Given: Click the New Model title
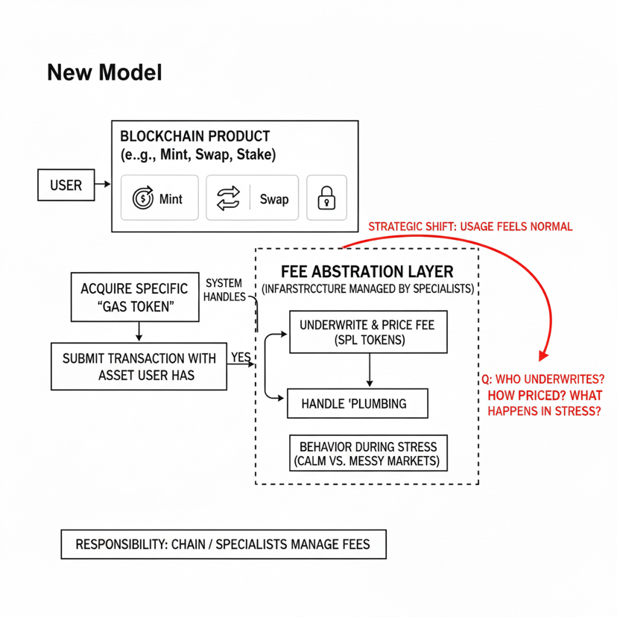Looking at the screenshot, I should [x=104, y=72].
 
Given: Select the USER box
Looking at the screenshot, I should [x=66, y=185].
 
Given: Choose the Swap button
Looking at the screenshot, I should [x=252, y=198].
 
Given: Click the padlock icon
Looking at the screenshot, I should [x=326, y=198].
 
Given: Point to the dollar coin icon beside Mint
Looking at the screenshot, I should [x=142, y=198].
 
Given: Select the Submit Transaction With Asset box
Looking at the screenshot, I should [x=139, y=366].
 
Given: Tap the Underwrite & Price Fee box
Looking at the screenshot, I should [x=368, y=332].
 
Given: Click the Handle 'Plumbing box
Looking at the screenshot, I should [x=358, y=403].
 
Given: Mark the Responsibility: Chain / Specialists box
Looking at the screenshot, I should [x=224, y=545].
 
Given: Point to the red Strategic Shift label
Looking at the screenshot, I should [x=471, y=227].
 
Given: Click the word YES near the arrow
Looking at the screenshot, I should [x=241, y=358].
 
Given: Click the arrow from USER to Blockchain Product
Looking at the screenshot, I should [x=103, y=184].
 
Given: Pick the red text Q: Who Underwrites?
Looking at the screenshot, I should [x=543, y=378].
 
